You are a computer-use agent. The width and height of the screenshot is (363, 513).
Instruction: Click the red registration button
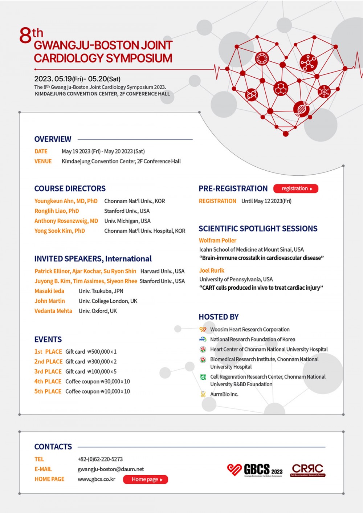tap(295, 188)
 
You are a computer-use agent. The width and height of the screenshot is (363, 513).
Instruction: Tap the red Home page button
tap(145, 479)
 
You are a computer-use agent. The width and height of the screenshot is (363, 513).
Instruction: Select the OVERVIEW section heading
tap(53, 139)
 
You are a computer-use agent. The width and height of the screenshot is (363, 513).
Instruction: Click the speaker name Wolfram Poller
tap(217, 240)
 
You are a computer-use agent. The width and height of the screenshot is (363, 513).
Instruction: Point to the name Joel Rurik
tap(212, 270)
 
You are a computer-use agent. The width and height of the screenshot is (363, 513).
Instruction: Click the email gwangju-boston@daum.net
tap(111, 469)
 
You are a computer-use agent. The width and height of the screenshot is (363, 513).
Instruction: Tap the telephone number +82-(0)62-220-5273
tap(100, 459)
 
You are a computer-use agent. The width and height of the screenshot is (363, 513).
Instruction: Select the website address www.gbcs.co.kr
tap(97, 479)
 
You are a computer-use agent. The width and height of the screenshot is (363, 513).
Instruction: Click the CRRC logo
tap(307, 470)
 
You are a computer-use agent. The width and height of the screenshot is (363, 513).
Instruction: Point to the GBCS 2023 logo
tap(255, 470)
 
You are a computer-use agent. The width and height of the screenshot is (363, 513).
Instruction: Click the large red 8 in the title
tap(25, 36)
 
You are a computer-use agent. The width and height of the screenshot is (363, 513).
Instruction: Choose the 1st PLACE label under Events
tap(48, 351)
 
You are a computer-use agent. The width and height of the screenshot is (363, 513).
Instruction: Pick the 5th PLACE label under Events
tap(48, 391)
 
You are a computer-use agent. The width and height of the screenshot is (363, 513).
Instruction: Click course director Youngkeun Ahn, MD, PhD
tap(66, 201)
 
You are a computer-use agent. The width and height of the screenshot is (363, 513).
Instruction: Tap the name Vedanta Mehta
tap(53, 311)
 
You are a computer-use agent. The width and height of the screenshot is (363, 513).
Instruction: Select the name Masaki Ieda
tap(49, 291)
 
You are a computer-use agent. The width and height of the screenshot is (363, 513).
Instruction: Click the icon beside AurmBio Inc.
tap(203, 394)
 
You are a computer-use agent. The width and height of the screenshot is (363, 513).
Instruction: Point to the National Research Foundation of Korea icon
tap(203, 339)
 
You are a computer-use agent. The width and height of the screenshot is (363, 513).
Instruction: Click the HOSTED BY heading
tap(219, 317)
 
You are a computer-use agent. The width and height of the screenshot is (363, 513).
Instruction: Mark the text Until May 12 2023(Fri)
tap(266, 201)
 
